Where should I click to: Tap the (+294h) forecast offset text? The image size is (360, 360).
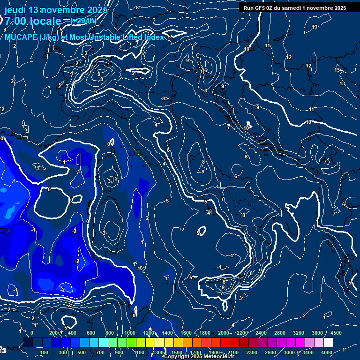(83, 21)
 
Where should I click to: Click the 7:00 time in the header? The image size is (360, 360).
(15, 21)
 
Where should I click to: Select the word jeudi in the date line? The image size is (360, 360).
(15, 10)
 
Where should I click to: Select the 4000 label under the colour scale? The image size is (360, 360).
(327, 352)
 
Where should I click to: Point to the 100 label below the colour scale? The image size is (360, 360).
(45, 352)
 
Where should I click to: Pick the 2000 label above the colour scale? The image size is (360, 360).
(224, 333)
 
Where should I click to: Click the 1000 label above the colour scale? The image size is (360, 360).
(130, 333)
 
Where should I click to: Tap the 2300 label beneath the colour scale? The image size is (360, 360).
(252, 352)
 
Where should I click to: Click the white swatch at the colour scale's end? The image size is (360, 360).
(328, 343)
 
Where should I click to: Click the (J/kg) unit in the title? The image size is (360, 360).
(50, 37)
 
